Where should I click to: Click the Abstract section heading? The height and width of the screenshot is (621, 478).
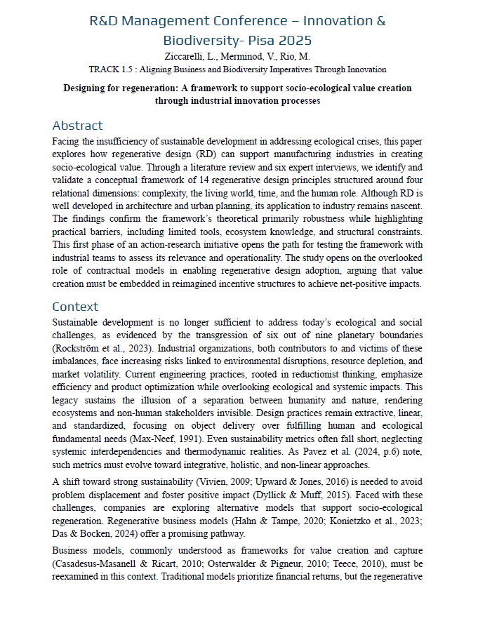point(77,126)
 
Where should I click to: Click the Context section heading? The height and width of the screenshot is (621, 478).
point(75,307)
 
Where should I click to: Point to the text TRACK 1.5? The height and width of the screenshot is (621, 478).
point(111,69)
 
